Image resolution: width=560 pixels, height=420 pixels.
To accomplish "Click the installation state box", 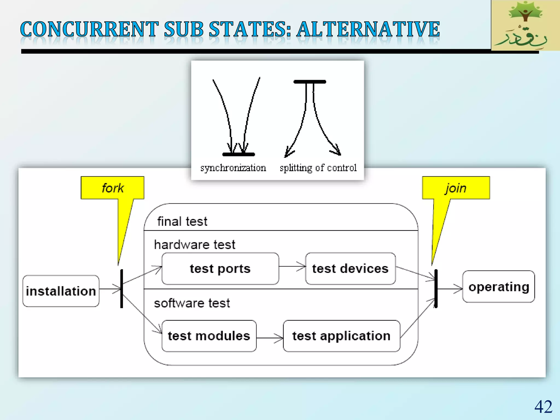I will pyautogui.click(x=61, y=291).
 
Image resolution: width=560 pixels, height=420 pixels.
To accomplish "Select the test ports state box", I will pyautogui.click(x=220, y=269).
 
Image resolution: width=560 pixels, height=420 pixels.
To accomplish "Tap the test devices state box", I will pyautogui.click(x=350, y=269).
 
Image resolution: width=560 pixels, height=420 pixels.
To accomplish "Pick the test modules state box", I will pyautogui.click(x=209, y=336).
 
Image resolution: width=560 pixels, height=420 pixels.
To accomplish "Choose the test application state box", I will pyautogui.click(x=341, y=336).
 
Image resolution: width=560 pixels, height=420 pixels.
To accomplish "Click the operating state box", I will pyautogui.click(x=498, y=287).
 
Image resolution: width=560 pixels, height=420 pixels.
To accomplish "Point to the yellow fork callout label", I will pyautogui.click(x=112, y=188).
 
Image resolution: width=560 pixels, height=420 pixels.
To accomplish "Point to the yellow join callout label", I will pyautogui.click(x=456, y=188).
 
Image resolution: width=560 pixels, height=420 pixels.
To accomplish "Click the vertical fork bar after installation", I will pyautogui.click(x=122, y=289).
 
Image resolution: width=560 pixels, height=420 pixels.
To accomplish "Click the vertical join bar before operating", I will pyautogui.click(x=436, y=289).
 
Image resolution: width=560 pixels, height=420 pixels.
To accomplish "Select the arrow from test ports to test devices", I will pyautogui.click(x=292, y=266).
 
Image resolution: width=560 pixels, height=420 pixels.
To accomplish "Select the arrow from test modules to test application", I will pyautogui.click(x=270, y=338).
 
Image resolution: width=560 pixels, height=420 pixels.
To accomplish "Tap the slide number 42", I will pyautogui.click(x=543, y=407).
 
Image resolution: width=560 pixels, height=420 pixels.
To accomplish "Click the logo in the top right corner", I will pyautogui.click(x=525, y=25).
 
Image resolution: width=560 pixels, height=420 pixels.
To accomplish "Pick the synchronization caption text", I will pyautogui.click(x=233, y=168).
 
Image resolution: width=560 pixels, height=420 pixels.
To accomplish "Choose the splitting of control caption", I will pyautogui.click(x=318, y=168).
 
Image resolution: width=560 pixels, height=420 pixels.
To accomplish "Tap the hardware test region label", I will pyautogui.click(x=194, y=244).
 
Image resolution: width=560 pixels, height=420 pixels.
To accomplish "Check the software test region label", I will pyautogui.click(x=192, y=303).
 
